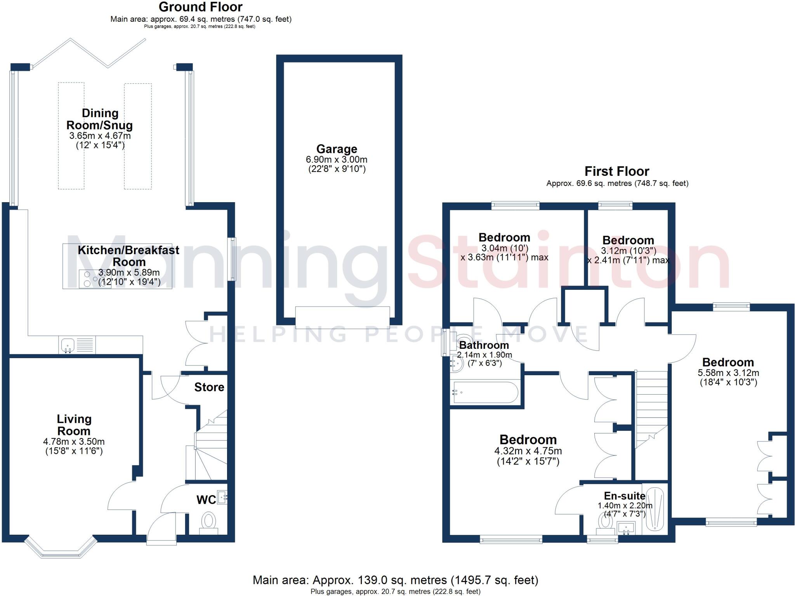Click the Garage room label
pyautogui.click(x=337, y=149)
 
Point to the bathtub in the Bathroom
pyautogui.click(x=485, y=392)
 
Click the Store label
pyautogui.click(x=209, y=387)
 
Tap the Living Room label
pyautogui.click(x=74, y=425)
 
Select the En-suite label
pyautogui.click(x=625, y=496)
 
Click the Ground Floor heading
pyautogui.click(x=201, y=7)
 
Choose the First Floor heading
pyautogui.click(x=617, y=171)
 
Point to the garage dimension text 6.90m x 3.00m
pyautogui.click(x=337, y=159)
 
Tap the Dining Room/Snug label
pyautogui.click(x=100, y=119)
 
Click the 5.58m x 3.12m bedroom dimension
pyautogui.click(x=728, y=373)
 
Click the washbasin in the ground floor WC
pyautogui.click(x=222, y=497)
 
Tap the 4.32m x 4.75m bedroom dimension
pyautogui.click(x=528, y=451)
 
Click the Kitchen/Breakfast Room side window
pyautogui.click(x=232, y=259)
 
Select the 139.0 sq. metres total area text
pyautogui.click(x=395, y=580)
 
